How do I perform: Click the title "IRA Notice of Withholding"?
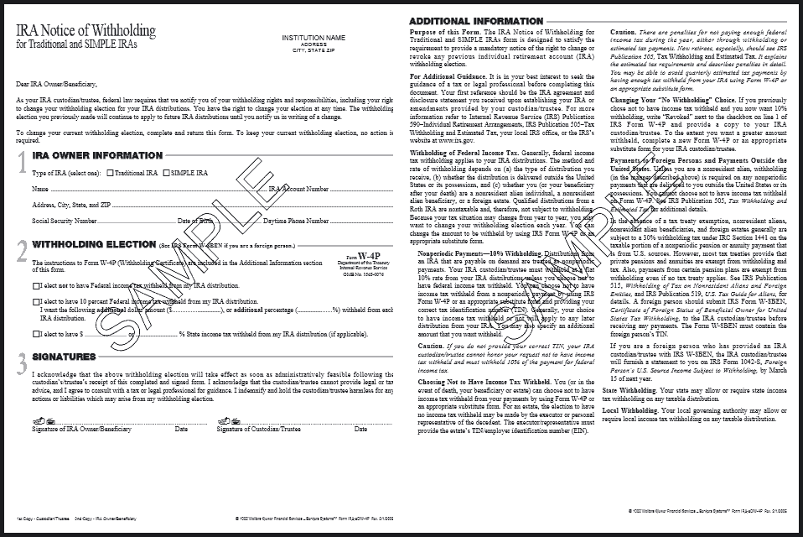[86, 31]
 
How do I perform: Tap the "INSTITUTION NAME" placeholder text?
[313, 38]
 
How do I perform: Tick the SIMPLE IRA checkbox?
[166, 173]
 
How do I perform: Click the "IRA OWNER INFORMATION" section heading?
[97, 155]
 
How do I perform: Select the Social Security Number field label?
[65, 221]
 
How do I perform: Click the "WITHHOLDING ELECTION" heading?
[92, 245]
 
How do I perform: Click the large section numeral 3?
[22, 362]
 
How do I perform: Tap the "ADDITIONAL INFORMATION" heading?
[476, 21]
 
